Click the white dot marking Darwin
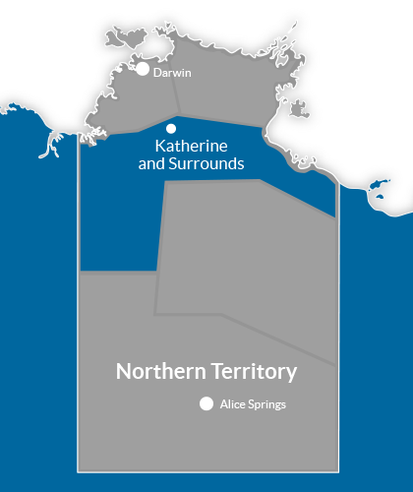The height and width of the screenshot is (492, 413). [x=143, y=69]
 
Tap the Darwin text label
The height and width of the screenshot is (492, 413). [x=172, y=72]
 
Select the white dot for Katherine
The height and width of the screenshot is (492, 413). [x=171, y=128]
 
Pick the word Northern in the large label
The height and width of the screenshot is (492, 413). [x=158, y=372]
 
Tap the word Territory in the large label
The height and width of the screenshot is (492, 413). [x=251, y=372]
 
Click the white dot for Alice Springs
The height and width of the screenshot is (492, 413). [x=206, y=403]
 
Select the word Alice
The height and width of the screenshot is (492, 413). [x=233, y=403]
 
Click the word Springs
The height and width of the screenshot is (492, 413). [x=268, y=403]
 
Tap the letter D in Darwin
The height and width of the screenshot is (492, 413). [x=157, y=72]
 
